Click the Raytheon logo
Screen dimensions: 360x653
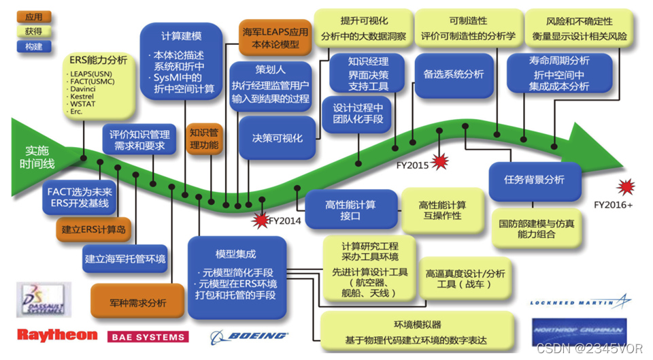[x=57, y=335]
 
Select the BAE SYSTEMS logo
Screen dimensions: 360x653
[x=148, y=336]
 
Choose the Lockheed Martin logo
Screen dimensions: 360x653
[x=580, y=301]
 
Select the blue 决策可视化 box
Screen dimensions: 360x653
[x=278, y=137]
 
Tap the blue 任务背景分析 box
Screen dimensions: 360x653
[x=534, y=180]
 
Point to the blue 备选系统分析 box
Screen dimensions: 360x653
[x=454, y=74]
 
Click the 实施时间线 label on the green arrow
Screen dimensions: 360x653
[x=38, y=158]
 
